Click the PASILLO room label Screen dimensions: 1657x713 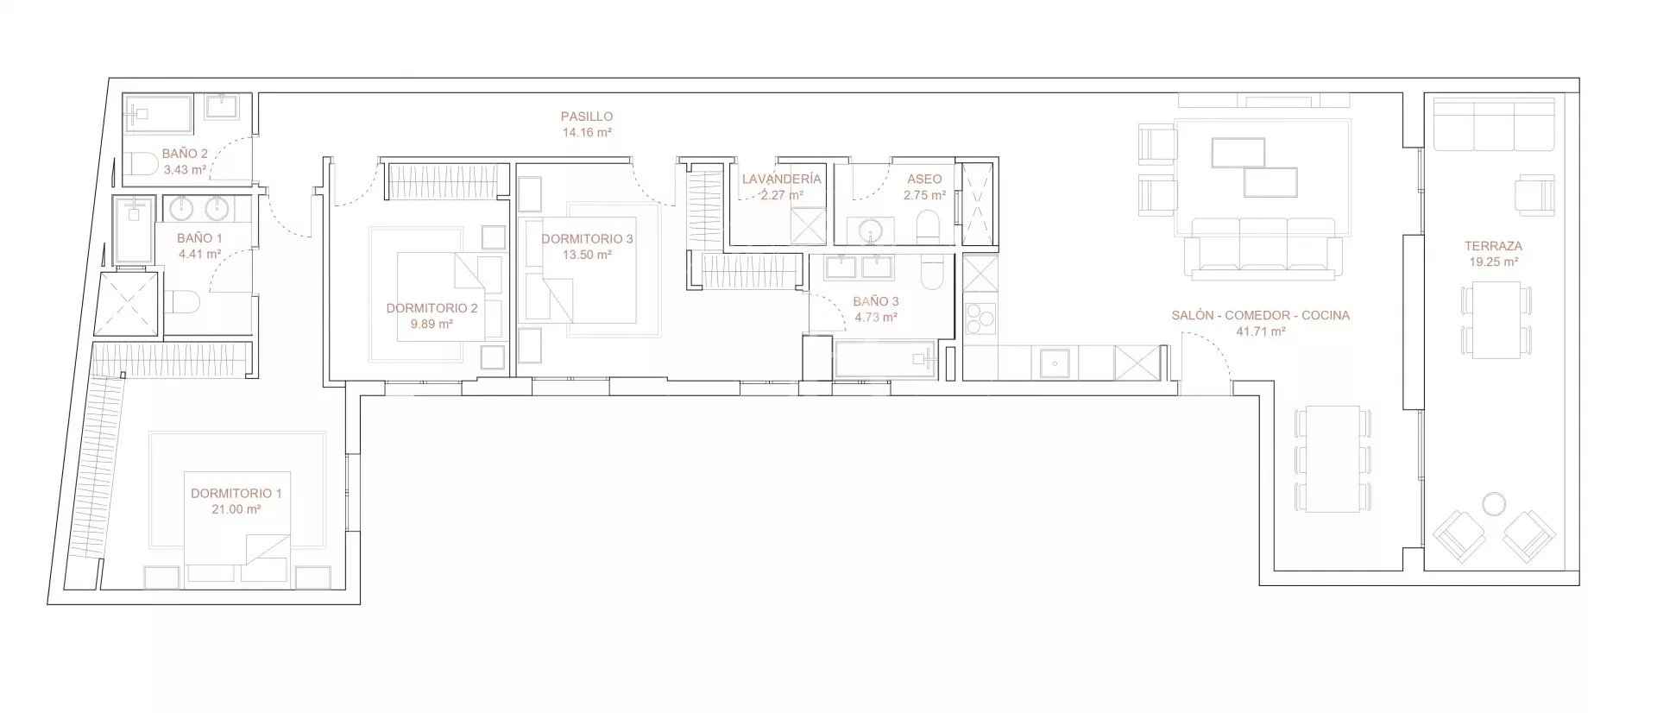586,117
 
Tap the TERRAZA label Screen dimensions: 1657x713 1493,246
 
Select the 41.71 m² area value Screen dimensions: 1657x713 1261,331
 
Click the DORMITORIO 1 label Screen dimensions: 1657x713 236,494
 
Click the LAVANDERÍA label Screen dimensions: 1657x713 781,180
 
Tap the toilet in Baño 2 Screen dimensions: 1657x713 142,164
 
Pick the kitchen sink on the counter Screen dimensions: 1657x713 1054,363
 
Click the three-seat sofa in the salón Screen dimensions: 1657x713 1263,248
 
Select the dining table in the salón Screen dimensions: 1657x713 1333,458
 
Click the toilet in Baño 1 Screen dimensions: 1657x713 183,302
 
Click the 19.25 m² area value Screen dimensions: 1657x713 1493,262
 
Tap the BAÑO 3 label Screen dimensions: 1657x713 876,302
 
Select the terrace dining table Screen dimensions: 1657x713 1496,319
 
